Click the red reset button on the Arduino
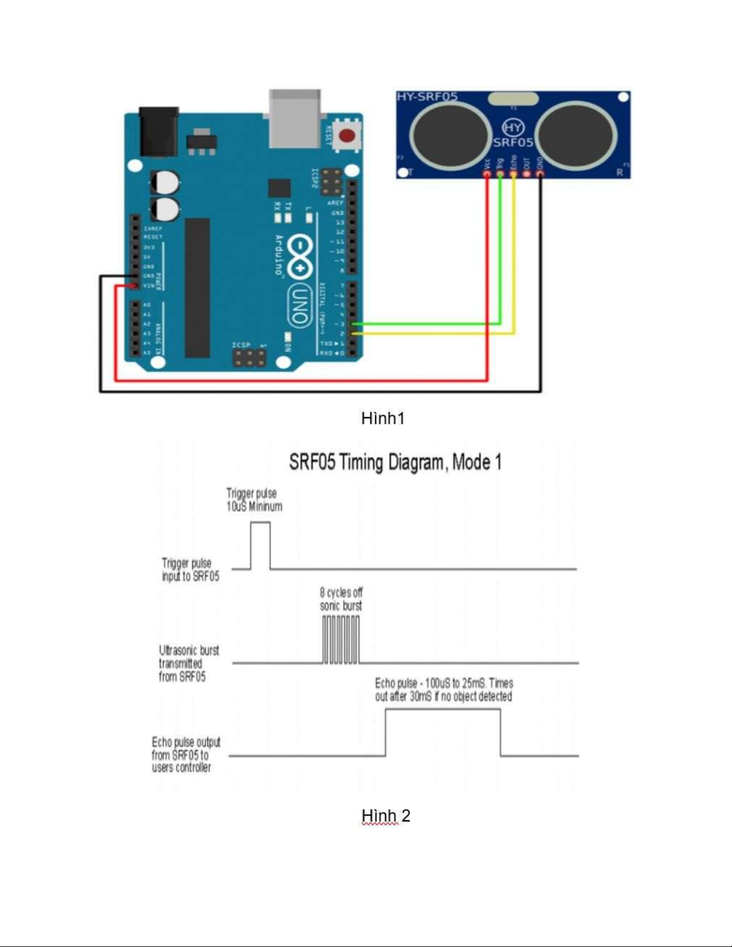pyautogui.click(x=346, y=136)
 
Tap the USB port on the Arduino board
pyautogui.click(x=295, y=118)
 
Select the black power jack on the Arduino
pyautogui.click(x=158, y=131)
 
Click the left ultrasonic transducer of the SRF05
pyautogui.click(x=452, y=132)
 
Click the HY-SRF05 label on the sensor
pyautogui.click(x=427, y=97)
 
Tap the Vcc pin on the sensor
pyautogui.click(x=487, y=173)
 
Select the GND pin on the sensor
pyautogui.click(x=540, y=173)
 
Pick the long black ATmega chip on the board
pyautogui.click(x=197, y=287)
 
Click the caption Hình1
pyautogui.click(x=383, y=418)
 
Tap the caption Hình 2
pyautogui.click(x=385, y=816)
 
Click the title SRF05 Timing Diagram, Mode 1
pyautogui.click(x=395, y=462)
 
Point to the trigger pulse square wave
pyautogui.click(x=260, y=545)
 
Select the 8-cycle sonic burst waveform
pyautogui.click(x=341, y=639)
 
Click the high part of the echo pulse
pyautogui.click(x=443, y=710)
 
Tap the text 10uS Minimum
pyautogui.click(x=254, y=507)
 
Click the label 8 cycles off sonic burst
pyautogui.click(x=341, y=599)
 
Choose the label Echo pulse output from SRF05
pyautogui.click(x=185, y=755)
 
